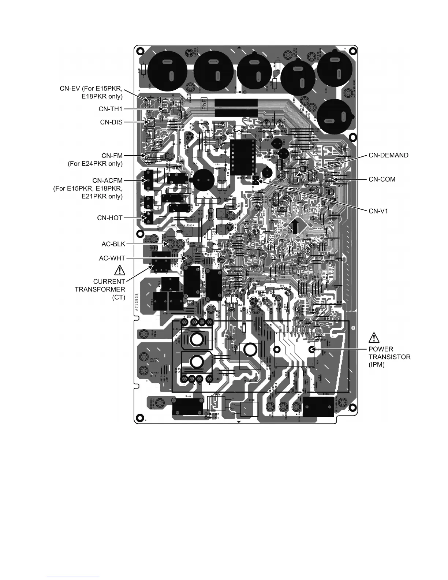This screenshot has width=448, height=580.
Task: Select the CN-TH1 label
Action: [x=110, y=109]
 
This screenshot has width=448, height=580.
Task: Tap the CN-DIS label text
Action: [x=111, y=122]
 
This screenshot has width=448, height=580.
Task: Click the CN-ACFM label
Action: [x=107, y=180]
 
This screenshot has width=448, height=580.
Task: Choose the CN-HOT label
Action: [x=109, y=218]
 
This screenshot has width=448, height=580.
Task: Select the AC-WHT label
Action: [x=112, y=258]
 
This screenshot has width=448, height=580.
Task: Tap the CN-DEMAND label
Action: [x=388, y=155]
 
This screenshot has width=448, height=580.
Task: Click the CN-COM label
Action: [x=382, y=179]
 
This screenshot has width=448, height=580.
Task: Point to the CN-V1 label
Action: [x=378, y=211]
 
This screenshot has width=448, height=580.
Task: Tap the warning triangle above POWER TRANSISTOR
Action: [x=374, y=337]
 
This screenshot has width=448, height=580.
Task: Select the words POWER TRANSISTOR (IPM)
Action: [x=389, y=357]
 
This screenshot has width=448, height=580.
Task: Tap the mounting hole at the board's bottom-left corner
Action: [x=139, y=417]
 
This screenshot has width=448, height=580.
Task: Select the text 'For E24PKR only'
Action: [x=95, y=164]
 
